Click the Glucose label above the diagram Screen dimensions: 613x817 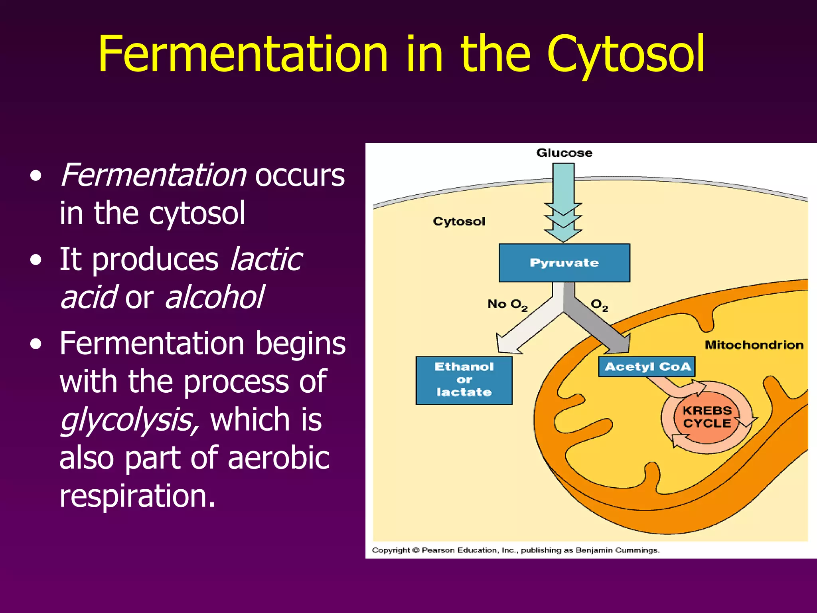564,153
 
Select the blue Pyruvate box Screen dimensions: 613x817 564,263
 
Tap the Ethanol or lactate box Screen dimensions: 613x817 464,380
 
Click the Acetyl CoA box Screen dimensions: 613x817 647,366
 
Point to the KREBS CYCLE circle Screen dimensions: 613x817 707,417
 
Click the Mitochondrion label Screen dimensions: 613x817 754,345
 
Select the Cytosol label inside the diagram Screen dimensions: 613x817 459,221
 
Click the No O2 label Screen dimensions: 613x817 507,305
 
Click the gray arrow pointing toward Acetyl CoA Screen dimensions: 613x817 598,327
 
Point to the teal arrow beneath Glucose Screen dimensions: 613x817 563,200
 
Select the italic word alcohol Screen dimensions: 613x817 214,297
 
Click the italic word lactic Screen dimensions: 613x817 266,259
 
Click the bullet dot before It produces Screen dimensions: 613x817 36,260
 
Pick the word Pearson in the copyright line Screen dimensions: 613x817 438,550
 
